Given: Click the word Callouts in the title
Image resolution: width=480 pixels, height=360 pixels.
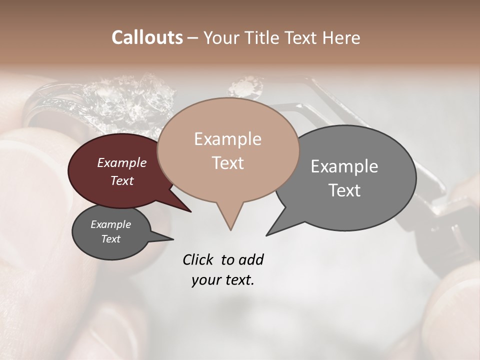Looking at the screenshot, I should (x=147, y=37).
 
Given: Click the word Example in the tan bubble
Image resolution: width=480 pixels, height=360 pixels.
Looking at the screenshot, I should (x=227, y=139).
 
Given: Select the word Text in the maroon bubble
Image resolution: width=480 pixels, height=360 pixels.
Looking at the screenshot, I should (x=122, y=180).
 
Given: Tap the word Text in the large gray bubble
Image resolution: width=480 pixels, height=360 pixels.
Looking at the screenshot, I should (x=344, y=190).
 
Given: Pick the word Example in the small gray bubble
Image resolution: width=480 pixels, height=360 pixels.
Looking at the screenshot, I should (x=110, y=224).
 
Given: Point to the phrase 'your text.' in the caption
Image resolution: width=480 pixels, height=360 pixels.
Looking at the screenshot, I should (x=223, y=280).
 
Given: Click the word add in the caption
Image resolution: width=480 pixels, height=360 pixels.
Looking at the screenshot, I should (x=251, y=259).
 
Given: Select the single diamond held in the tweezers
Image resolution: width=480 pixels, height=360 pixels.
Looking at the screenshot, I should (x=246, y=86).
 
